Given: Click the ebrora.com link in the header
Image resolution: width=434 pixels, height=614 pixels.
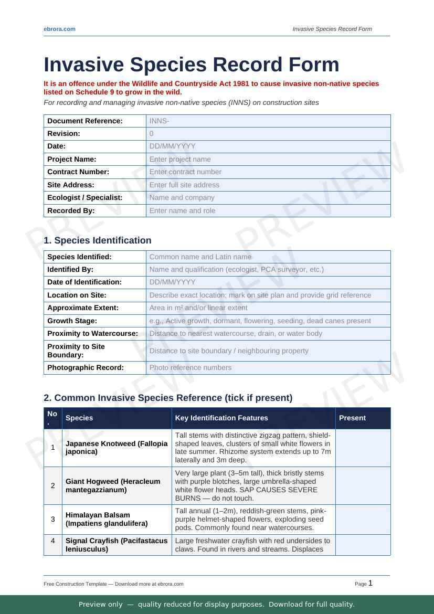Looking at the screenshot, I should coord(59,29).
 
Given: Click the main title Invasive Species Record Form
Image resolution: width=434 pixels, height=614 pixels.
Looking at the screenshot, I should coord(192,65).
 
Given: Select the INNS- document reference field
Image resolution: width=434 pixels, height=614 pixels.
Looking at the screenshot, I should coord(268,121).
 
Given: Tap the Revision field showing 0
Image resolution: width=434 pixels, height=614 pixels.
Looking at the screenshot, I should coord(268,134).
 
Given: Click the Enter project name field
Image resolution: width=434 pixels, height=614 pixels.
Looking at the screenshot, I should coord(268,160).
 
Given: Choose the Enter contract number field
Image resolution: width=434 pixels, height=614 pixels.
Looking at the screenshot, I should coord(268,172).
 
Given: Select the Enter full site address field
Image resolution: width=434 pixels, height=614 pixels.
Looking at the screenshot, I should coord(268,185).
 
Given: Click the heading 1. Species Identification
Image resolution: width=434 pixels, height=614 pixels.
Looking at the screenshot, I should coord(98,240).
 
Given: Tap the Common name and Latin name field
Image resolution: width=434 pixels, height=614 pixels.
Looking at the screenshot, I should coord(268,257).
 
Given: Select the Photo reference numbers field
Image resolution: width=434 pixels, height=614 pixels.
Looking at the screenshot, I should coord(268,368).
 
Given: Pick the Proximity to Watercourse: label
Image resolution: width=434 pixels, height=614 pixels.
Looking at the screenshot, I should coord(92,333).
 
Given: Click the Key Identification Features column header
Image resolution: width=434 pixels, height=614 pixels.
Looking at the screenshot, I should coord(221,418).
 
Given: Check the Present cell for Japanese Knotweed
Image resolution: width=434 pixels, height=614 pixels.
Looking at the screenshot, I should coord(363,448).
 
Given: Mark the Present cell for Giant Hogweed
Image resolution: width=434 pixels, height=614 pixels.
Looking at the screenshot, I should coord(363,485).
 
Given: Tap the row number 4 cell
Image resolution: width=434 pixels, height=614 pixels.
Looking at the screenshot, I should coord(52,541).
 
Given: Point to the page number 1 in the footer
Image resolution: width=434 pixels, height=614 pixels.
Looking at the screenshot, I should coord(371,583).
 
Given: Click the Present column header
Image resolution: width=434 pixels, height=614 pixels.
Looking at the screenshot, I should coord(352,418).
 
